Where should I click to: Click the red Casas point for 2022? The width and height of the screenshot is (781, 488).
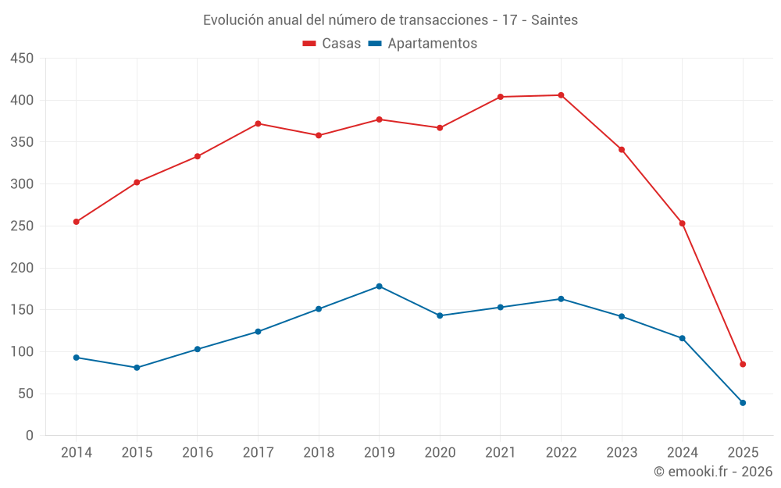561,95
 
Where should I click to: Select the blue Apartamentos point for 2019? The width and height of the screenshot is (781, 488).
380,287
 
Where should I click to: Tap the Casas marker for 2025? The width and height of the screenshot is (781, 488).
743,365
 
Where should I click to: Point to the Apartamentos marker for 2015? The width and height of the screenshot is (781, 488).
137,368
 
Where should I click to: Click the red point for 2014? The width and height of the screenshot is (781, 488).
77,222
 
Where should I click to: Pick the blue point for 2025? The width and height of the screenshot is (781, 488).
743,403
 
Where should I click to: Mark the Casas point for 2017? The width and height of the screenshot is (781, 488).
258,124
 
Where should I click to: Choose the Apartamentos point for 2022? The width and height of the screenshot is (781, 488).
561,299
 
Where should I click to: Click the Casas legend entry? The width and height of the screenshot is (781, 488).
332,44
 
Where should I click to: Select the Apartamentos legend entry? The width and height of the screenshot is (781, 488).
423,44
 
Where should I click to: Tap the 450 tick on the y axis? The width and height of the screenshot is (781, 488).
22,59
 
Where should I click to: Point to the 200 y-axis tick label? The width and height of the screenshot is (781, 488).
22,268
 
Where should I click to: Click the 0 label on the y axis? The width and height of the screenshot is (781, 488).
29,436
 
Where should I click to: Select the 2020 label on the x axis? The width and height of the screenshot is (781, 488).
440,453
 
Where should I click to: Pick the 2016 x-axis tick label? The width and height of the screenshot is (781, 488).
198,453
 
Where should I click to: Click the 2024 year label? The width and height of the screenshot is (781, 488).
682,453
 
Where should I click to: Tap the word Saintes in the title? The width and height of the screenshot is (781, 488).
555,20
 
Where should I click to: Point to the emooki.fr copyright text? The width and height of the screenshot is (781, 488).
713,472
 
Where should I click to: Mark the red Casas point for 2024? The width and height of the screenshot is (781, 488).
682,223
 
